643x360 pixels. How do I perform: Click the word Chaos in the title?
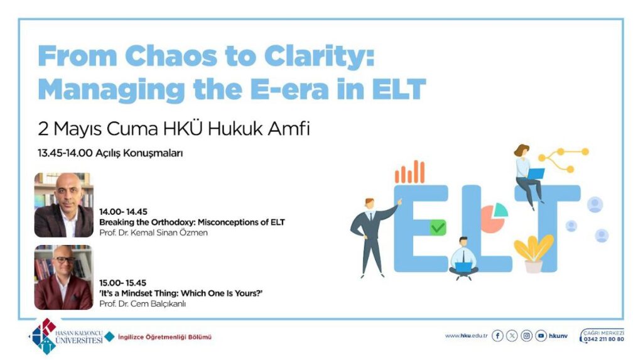(x=170, y=56)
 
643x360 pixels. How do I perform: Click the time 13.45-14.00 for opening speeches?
(x=65, y=153)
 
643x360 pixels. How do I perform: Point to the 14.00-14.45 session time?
(x=123, y=212)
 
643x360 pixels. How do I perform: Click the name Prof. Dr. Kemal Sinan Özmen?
(x=153, y=232)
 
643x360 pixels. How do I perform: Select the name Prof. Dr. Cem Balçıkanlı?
(x=143, y=303)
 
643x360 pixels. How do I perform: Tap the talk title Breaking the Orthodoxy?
(x=147, y=222)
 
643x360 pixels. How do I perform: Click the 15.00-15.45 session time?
(x=122, y=283)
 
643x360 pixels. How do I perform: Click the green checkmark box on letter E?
(x=438, y=227)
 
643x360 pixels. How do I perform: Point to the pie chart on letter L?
(x=494, y=217)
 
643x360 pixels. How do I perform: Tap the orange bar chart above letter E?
(x=409, y=172)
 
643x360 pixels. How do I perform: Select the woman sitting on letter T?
(x=529, y=176)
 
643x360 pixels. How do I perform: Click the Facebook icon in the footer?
(x=497, y=335)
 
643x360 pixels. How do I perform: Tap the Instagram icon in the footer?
(x=527, y=335)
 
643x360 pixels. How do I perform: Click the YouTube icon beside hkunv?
(x=541, y=335)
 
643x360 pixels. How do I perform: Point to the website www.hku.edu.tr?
(x=467, y=335)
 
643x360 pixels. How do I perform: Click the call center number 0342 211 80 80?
(x=604, y=339)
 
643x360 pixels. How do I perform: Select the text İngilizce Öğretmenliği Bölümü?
(x=165, y=337)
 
